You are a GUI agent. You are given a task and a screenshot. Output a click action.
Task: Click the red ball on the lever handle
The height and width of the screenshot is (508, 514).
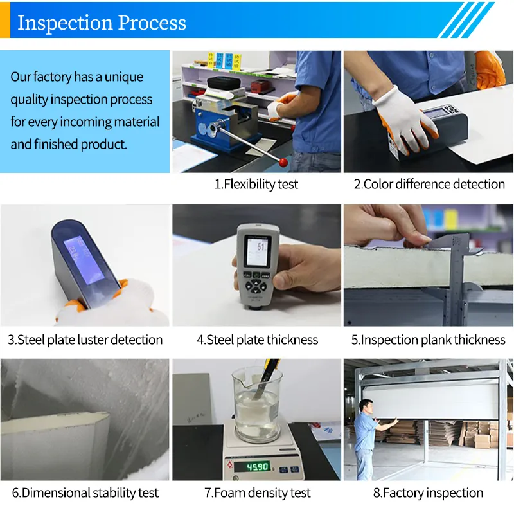click(283, 162)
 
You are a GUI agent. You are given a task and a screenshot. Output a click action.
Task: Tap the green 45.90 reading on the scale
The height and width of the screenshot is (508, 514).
click(258, 466)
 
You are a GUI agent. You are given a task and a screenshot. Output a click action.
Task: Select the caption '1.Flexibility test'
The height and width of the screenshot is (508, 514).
click(256, 184)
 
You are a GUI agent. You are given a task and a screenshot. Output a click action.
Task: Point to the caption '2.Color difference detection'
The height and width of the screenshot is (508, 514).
click(429, 184)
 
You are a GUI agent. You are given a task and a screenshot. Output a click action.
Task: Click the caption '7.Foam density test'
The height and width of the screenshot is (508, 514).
click(258, 493)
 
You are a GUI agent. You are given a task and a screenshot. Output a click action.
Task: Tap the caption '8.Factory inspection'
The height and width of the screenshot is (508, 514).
click(428, 493)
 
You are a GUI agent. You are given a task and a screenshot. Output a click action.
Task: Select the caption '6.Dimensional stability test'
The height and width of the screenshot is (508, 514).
click(85, 493)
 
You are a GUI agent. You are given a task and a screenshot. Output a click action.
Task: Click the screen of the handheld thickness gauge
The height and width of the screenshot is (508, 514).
click(258, 251)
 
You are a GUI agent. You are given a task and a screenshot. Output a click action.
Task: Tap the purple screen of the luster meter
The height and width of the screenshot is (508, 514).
click(84, 260)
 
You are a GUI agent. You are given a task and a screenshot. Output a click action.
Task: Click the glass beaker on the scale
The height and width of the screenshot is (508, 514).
click(257, 404)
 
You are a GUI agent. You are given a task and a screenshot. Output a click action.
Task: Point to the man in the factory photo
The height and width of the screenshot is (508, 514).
click(370, 439)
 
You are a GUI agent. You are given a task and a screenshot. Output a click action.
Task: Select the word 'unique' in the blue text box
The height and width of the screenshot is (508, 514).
click(124, 77)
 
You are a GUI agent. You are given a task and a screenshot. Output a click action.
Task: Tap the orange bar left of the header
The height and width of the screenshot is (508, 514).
click(5, 20)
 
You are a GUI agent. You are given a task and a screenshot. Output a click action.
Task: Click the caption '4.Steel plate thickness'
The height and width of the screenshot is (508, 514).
click(258, 340)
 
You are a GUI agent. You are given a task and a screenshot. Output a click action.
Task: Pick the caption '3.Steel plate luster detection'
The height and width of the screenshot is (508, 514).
click(85, 340)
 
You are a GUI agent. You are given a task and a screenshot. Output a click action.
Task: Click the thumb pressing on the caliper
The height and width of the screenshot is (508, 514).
click(416, 240)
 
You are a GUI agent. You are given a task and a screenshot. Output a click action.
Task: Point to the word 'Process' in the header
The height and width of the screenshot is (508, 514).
click(152, 23)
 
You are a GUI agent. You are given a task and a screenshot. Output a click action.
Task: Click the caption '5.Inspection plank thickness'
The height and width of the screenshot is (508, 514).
click(428, 340)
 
